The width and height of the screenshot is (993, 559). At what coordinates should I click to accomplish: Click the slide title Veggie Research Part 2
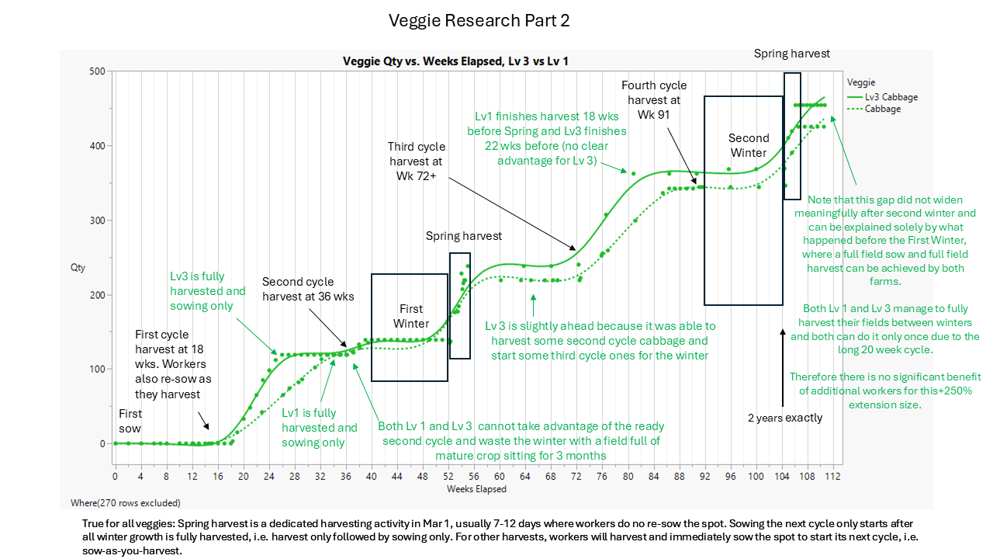(479, 21)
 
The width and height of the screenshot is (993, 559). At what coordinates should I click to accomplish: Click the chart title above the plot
(455, 61)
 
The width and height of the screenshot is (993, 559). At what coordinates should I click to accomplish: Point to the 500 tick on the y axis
(96, 71)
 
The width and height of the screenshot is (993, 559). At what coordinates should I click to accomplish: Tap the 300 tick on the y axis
(96, 220)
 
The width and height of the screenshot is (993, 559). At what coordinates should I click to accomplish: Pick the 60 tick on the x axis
(500, 475)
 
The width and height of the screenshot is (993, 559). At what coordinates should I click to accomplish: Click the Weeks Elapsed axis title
(476, 489)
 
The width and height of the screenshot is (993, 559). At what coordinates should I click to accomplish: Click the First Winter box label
(410, 315)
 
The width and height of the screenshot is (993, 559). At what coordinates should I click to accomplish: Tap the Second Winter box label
(748, 145)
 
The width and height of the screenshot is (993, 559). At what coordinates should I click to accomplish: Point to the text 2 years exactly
(785, 418)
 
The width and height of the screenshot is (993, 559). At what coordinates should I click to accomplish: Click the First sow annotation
(130, 422)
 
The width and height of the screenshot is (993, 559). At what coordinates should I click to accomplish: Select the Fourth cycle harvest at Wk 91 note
(654, 100)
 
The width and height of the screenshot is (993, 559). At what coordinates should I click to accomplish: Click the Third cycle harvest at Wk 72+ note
(416, 161)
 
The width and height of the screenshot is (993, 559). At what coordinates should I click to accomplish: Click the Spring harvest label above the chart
(791, 54)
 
